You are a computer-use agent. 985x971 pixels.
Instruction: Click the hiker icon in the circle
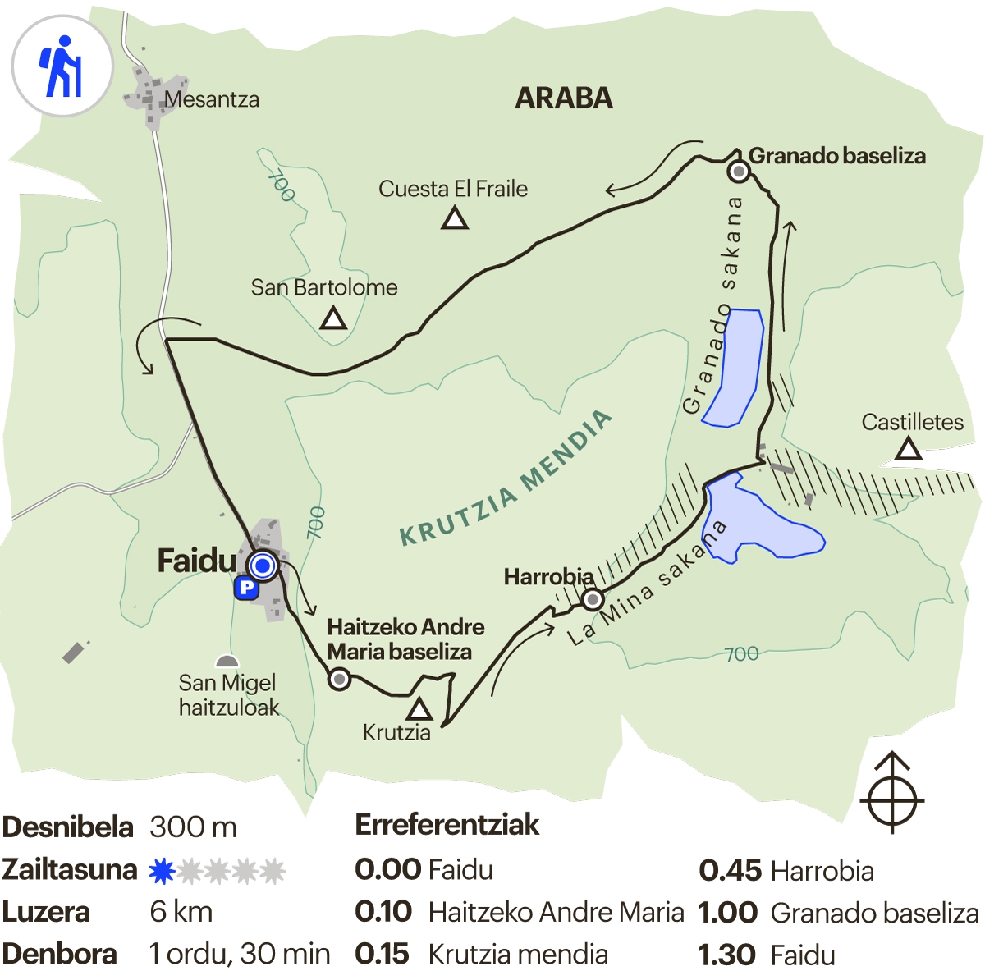click(x=62, y=66)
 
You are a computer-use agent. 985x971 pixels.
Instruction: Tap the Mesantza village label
click(x=212, y=100)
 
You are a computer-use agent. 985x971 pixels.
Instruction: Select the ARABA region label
click(x=564, y=98)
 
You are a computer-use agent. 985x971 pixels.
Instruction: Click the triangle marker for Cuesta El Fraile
click(x=455, y=219)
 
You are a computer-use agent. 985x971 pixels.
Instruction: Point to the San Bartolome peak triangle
click(x=333, y=318)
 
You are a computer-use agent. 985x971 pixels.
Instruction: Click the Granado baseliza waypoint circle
click(x=739, y=171)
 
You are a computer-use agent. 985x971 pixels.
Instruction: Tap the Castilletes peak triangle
click(x=907, y=450)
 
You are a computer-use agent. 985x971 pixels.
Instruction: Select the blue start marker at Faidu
click(x=263, y=566)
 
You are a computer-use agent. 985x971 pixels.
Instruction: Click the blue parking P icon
click(x=245, y=588)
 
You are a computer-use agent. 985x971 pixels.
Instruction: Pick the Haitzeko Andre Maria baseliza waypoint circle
click(x=339, y=679)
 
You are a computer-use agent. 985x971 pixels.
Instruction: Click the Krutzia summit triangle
click(x=419, y=709)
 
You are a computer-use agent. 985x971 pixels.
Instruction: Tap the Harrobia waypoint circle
click(x=593, y=599)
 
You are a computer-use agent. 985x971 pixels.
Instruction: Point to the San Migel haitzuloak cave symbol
click(x=227, y=662)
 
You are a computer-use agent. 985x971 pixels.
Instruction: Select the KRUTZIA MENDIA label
click(x=506, y=479)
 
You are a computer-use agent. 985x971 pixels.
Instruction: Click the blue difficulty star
click(x=163, y=871)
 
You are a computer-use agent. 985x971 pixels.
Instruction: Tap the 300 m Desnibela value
click(x=193, y=827)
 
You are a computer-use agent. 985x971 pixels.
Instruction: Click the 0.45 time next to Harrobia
click(x=730, y=871)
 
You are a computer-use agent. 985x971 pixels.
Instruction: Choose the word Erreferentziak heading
click(x=447, y=825)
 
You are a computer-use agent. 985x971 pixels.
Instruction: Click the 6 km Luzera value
click(x=181, y=912)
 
